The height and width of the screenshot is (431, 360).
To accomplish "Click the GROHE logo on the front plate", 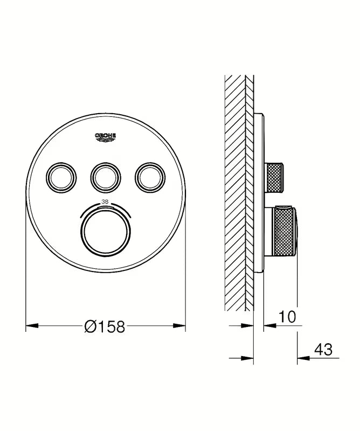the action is coord(106,137).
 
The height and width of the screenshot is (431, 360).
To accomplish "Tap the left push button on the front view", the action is coord(61,178).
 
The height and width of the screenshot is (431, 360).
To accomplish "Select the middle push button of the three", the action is coord(106,178).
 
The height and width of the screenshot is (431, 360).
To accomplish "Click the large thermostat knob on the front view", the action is coord(106,233).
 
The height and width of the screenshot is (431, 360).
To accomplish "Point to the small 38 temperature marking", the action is coord(105,201).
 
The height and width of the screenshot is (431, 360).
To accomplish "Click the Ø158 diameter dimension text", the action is coord(105,326).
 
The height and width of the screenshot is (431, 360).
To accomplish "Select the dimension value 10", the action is coord(287,316).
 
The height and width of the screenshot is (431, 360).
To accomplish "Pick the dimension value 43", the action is coord(323,349).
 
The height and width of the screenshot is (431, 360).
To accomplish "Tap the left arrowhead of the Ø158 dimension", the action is coord(32,326).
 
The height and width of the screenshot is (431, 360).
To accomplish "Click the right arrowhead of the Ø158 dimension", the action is coord(179,326).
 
